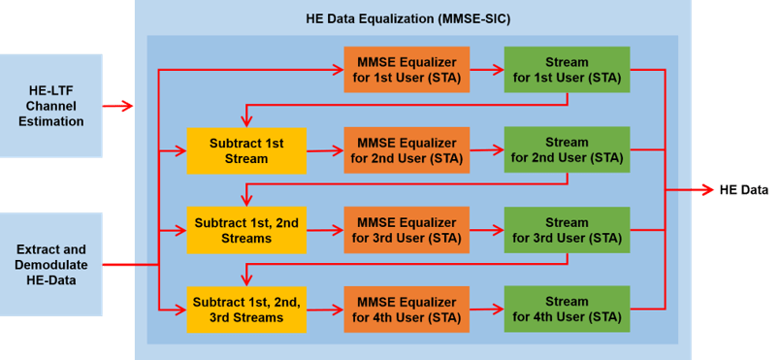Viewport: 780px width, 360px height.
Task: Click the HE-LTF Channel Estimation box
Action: [x=50, y=106]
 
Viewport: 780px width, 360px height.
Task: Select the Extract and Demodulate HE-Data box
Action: [x=50, y=263]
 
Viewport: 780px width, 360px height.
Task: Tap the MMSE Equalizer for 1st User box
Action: [x=406, y=69]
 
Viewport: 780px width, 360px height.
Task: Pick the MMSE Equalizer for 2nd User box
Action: [x=406, y=150]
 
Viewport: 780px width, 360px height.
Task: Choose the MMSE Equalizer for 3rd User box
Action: [x=406, y=230]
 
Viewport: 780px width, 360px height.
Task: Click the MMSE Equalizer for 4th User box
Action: [x=406, y=310]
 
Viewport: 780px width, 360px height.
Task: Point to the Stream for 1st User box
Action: [x=567, y=69]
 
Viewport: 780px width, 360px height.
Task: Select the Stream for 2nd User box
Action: [x=567, y=150]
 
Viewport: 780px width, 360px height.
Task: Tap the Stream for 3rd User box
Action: [x=567, y=230]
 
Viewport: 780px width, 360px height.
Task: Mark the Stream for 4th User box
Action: [x=567, y=310]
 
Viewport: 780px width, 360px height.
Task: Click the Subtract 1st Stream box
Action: [x=246, y=150]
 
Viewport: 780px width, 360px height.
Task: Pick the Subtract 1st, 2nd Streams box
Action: [x=246, y=230]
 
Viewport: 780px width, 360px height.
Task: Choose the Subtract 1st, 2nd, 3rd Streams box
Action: [x=246, y=310]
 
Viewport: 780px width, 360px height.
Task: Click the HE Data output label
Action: [x=743, y=189]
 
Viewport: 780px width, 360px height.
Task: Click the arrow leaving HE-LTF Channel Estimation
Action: [x=118, y=106]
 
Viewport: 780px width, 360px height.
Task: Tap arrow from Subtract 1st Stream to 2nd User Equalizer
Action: [x=325, y=150]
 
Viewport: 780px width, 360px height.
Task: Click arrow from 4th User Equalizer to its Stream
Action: [x=487, y=310]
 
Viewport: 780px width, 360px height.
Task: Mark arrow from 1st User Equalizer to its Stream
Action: [x=487, y=69]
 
